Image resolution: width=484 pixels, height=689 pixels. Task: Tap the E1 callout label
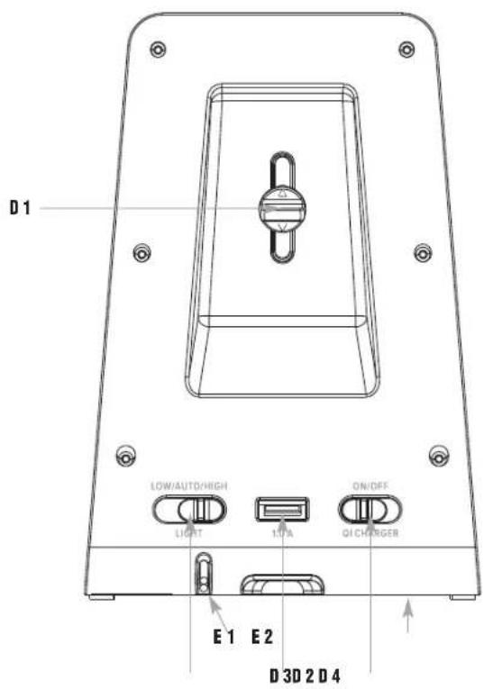click(x=224, y=638)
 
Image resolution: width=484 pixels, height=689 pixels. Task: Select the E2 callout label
click(x=262, y=638)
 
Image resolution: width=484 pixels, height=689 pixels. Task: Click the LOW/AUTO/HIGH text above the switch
click(x=191, y=485)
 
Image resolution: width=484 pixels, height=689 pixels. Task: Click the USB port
click(x=281, y=510)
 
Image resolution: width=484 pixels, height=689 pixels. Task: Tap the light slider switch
click(x=191, y=510)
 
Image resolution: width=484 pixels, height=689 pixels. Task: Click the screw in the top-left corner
click(x=159, y=46)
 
